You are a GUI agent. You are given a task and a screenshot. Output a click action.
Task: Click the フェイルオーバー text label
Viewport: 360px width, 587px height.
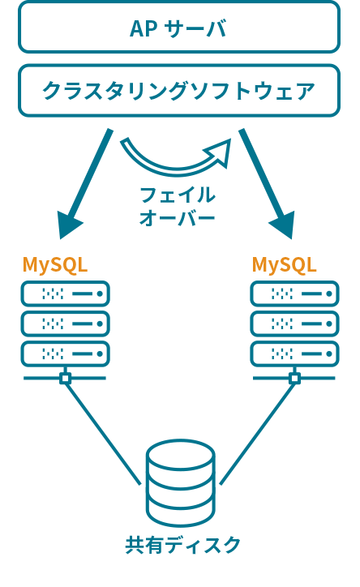point(178,207)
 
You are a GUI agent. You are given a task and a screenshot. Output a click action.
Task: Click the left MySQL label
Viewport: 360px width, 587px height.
point(55,265)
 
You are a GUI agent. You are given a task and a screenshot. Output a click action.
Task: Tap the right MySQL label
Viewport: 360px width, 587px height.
point(284,265)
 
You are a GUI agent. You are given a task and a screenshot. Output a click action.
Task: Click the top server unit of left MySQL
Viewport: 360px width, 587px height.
point(65,293)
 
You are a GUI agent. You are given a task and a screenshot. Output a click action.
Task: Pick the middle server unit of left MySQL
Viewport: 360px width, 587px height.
point(65,323)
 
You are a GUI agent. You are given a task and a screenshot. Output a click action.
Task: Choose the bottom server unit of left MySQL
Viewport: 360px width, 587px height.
point(65,353)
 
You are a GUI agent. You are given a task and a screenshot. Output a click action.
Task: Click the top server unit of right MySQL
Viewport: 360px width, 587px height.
point(294,293)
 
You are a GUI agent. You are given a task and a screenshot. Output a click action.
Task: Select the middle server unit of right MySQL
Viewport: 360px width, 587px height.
point(294,323)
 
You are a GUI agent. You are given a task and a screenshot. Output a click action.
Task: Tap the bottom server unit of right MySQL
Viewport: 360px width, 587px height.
point(294,353)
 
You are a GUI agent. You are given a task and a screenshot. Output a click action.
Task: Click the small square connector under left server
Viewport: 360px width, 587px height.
point(65,379)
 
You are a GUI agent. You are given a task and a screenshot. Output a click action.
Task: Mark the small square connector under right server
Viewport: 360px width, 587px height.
point(294,379)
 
